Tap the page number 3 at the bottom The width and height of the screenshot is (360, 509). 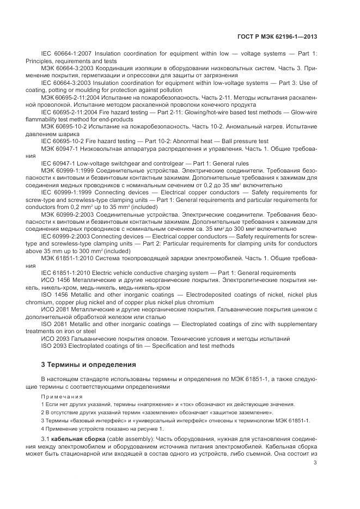(x=315, y=463)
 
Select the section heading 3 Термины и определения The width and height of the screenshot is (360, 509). (x=88, y=364)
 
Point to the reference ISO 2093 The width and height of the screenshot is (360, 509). (x=56, y=345)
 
